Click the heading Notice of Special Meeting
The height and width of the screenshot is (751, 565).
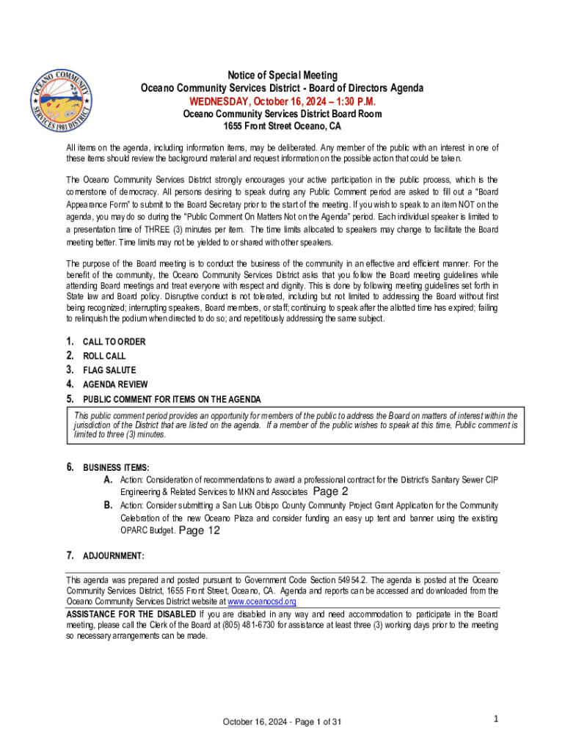[282, 76]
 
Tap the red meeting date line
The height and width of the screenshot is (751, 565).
[282, 101]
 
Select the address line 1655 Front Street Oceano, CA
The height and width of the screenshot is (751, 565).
[282, 126]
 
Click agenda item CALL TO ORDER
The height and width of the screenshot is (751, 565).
[114, 342]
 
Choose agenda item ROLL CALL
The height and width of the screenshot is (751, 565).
[104, 356]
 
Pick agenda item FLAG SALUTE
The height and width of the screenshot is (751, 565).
[109, 370]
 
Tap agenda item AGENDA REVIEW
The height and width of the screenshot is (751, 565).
[115, 384]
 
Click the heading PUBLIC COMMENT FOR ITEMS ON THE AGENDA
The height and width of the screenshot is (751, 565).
[172, 399]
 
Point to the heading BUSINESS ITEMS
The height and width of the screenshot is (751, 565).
[116, 467]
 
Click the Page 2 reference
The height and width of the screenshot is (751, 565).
[330, 492]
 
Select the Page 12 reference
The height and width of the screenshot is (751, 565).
[200, 531]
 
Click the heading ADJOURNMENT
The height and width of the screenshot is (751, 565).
[114, 556]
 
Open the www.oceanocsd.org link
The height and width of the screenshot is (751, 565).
[262, 601]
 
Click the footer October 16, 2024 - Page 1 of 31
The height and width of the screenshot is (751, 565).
[282, 722]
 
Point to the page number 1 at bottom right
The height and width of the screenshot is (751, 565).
[496, 719]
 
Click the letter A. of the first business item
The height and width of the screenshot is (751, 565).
[108, 480]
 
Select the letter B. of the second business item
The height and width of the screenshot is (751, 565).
[108, 505]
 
